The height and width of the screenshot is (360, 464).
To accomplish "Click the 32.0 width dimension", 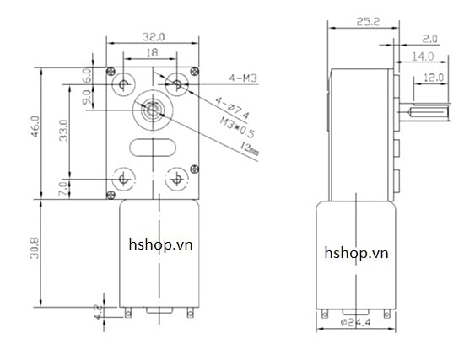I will pos(152,36).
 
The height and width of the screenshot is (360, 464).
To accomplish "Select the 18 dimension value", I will pos(151,51).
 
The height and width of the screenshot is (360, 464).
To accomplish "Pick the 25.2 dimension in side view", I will pos(364,23).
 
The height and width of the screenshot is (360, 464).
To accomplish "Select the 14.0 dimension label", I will pos(423,56).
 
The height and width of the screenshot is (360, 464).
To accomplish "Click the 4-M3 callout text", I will pos(243,78).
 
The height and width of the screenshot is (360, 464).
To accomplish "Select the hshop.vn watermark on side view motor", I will pos(359,251).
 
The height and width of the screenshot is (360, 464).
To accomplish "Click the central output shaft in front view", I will pos(152,110).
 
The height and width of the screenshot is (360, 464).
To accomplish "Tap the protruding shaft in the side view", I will pos(418,110).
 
